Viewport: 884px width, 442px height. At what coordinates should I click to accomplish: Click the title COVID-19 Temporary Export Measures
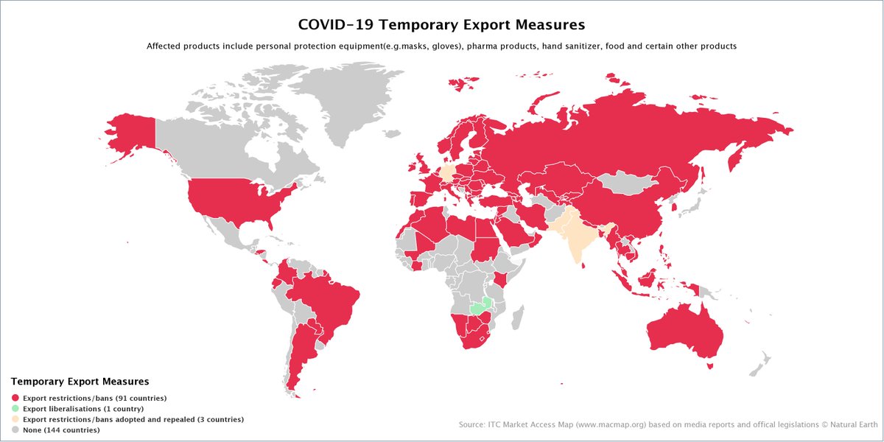click(x=441, y=24)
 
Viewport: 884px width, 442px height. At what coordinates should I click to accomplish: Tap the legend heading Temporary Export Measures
click(x=80, y=382)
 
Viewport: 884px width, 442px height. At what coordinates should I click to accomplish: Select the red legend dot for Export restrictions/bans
click(x=15, y=398)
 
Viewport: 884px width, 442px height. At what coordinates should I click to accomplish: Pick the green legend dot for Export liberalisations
click(x=15, y=408)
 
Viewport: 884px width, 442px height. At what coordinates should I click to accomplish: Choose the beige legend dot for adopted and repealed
click(x=15, y=418)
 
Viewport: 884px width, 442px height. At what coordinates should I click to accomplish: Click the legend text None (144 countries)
click(x=61, y=429)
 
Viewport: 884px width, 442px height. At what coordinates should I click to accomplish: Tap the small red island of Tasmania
click(x=710, y=365)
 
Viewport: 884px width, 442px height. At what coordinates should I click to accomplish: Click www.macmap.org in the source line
click(x=601, y=424)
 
